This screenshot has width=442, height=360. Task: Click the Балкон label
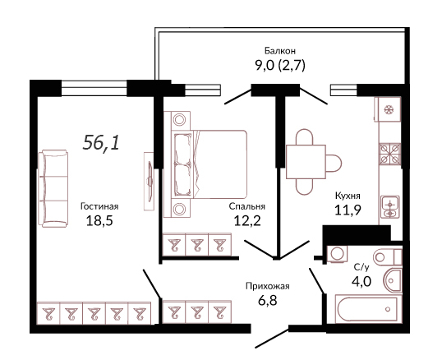point(280,51)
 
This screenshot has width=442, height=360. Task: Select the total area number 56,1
point(101,143)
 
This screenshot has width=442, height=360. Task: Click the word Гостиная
point(99,206)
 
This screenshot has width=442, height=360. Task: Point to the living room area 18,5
point(99,221)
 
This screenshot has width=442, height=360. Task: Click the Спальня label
point(247,206)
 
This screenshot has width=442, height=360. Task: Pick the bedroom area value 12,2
point(247,221)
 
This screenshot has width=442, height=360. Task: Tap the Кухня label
point(348,196)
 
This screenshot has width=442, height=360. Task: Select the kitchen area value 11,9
point(348,210)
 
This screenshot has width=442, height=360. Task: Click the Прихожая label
point(268,286)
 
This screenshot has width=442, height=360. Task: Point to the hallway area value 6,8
point(268,301)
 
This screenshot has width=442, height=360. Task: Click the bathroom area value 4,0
point(361,281)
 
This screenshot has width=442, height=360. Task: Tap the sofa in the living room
point(53,188)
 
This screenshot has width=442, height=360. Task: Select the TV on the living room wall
point(150,182)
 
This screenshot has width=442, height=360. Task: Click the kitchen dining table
point(306,162)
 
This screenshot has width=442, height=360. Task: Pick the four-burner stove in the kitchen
point(389,154)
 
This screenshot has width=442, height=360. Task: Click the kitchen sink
point(390,207)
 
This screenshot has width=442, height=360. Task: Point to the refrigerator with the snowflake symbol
point(388,109)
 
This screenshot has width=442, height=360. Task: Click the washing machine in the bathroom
point(337,254)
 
